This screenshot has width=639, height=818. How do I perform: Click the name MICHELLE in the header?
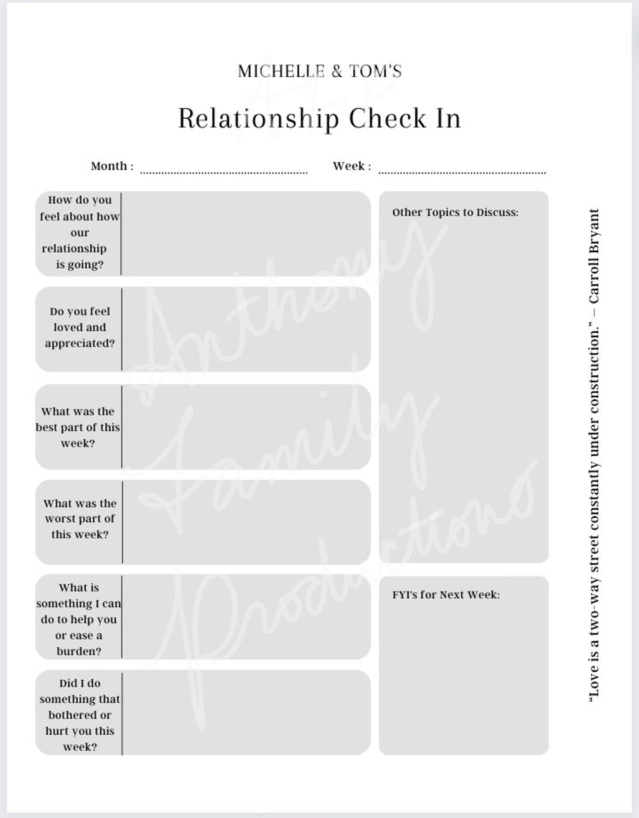[x=281, y=72]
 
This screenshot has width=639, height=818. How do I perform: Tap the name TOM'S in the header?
[x=375, y=72]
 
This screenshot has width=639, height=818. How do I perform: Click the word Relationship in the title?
[x=258, y=118]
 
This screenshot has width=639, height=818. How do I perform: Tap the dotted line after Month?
[x=224, y=172]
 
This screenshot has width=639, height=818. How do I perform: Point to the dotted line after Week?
[x=462, y=172]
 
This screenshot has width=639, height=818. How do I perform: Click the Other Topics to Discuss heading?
[x=455, y=212]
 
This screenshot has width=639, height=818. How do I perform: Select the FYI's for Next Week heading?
[x=446, y=595]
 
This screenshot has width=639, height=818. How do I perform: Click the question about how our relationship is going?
[x=80, y=233]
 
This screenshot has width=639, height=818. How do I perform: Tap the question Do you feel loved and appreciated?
[x=80, y=327]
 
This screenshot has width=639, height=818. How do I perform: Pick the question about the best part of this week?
[x=78, y=427]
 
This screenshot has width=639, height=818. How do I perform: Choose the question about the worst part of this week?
[x=80, y=518]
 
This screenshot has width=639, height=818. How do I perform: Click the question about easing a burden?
[x=79, y=619]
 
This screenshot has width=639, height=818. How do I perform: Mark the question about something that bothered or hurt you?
[x=80, y=715]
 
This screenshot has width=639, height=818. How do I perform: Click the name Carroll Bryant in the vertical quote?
[x=594, y=257]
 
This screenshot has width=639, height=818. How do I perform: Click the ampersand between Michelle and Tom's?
[x=337, y=72]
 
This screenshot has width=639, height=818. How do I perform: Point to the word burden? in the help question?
[x=79, y=651]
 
